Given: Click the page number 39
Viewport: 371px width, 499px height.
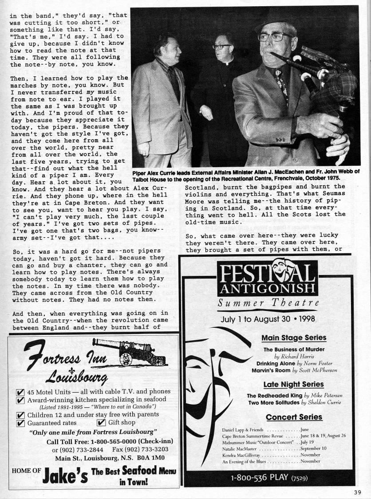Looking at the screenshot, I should point(358,491).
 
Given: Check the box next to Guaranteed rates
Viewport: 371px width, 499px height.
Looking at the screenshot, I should point(20,423).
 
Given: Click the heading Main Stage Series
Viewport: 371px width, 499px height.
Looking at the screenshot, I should point(294,338).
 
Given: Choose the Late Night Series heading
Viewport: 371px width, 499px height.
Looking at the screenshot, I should point(293,384).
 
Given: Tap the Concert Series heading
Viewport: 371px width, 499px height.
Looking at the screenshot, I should point(294,417).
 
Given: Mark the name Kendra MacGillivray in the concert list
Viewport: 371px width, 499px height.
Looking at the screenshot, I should point(241,455).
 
